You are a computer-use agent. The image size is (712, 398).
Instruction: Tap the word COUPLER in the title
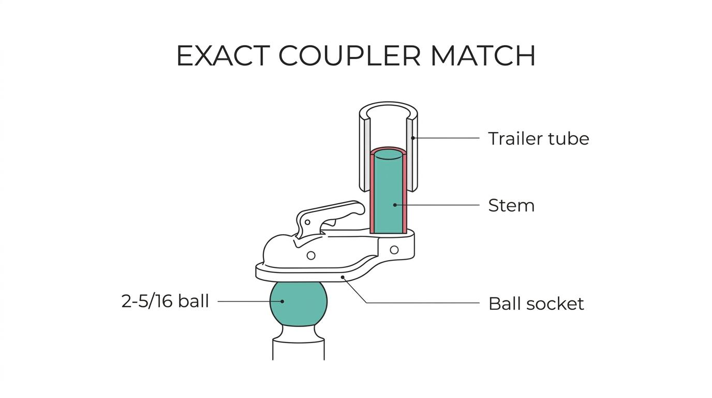click(x=350, y=56)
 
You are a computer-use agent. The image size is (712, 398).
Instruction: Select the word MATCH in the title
click(x=483, y=56)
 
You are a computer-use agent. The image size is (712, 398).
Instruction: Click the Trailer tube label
click(x=539, y=138)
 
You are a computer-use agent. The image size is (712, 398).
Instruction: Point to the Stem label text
click(x=511, y=205)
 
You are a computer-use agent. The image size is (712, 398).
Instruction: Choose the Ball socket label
click(x=536, y=304)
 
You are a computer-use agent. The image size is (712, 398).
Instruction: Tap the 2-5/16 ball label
click(x=165, y=301)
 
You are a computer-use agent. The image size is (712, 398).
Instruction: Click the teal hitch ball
click(x=298, y=304)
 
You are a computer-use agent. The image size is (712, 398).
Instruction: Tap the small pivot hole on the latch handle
click(x=307, y=222)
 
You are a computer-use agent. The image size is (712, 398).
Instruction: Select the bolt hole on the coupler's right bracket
click(x=394, y=250)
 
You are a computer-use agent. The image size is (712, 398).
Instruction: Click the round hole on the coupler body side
click(x=311, y=255)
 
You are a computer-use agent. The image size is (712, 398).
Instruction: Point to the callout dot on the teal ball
click(x=282, y=301)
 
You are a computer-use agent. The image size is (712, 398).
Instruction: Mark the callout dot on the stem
click(x=395, y=205)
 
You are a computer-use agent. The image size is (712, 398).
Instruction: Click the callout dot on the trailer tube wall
click(x=413, y=138)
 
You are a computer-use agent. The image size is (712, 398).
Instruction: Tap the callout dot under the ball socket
click(x=343, y=277)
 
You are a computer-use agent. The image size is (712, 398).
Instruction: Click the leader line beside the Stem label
click(x=438, y=205)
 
